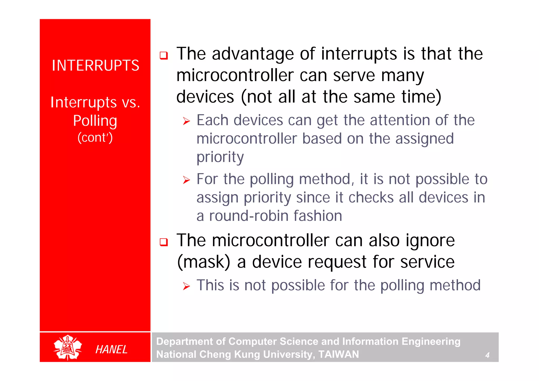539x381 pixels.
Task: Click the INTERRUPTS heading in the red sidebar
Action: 95,66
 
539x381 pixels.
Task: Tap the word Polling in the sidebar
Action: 95,121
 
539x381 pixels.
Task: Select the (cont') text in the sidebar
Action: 95,138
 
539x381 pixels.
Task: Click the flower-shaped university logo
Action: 68,347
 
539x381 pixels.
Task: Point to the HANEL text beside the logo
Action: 111,349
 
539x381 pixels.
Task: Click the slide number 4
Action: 487,355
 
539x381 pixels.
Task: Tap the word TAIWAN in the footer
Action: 338,354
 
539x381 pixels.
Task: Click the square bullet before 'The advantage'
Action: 164,56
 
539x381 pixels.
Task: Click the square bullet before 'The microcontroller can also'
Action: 164,242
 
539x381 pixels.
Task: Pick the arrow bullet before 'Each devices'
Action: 186,121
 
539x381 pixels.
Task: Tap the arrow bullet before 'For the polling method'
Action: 186,180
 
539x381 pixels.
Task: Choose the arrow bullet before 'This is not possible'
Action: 186,286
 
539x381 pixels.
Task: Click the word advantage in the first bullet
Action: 253,54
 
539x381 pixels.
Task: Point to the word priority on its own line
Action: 220,157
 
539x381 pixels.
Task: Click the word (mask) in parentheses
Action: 203,262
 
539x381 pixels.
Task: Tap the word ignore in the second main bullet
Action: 430,241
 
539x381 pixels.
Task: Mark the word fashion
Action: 318,216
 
